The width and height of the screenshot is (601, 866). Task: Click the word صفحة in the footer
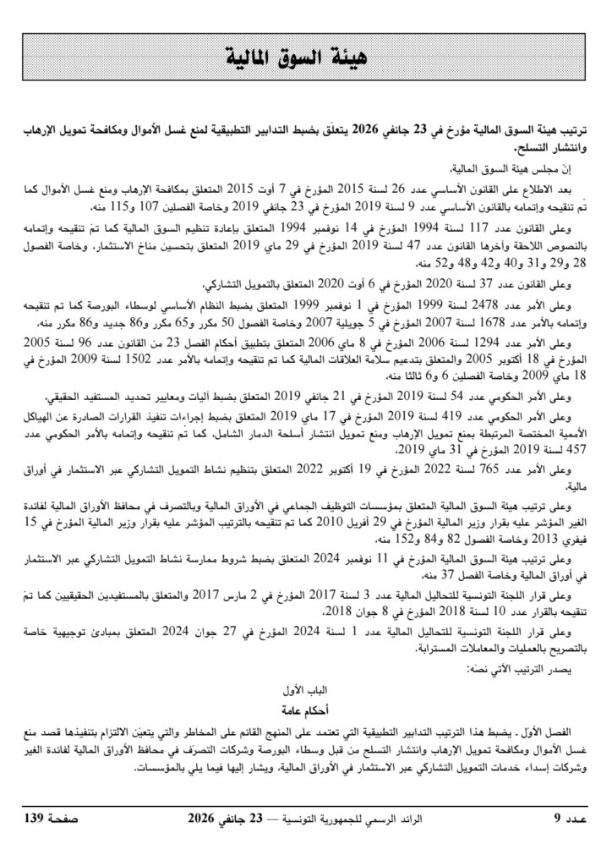(81, 818)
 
